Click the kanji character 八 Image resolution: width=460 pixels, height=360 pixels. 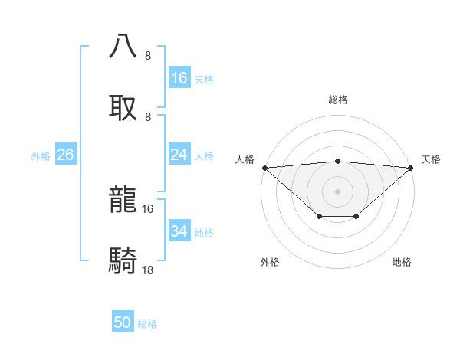pyautogui.click(x=123, y=45)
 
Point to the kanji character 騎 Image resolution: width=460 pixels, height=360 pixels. pyautogui.click(x=123, y=261)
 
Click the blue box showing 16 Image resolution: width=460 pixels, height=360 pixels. pyautogui.click(x=179, y=78)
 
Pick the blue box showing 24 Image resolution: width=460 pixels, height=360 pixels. pyautogui.click(x=179, y=155)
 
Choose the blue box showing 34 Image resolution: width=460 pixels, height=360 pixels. pyautogui.click(x=179, y=231)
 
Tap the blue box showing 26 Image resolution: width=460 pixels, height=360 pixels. pyautogui.click(x=65, y=155)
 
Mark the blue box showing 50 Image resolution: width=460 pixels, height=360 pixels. pyautogui.click(x=123, y=322)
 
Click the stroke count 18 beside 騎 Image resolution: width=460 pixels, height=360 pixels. pyautogui.click(x=148, y=270)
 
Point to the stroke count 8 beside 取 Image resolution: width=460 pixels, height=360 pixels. pyautogui.click(x=148, y=117)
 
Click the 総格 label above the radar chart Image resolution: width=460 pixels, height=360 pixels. pyautogui.click(x=338, y=100)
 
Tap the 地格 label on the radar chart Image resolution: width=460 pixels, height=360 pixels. pyautogui.click(x=402, y=262)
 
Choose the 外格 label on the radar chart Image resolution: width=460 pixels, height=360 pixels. pyautogui.click(x=270, y=262)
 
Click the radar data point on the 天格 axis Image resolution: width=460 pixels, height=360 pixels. pyautogui.click(x=411, y=168)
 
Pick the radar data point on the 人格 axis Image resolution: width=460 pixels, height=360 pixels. pyautogui.click(x=264, y=168)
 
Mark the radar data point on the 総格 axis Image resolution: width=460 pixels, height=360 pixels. pyautogui.click(x=337, y=162)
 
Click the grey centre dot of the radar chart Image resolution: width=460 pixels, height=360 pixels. pyautogui.click(x=337, y=191)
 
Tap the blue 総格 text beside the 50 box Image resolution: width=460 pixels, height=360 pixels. pyautogui.click(x=148, y=324)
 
